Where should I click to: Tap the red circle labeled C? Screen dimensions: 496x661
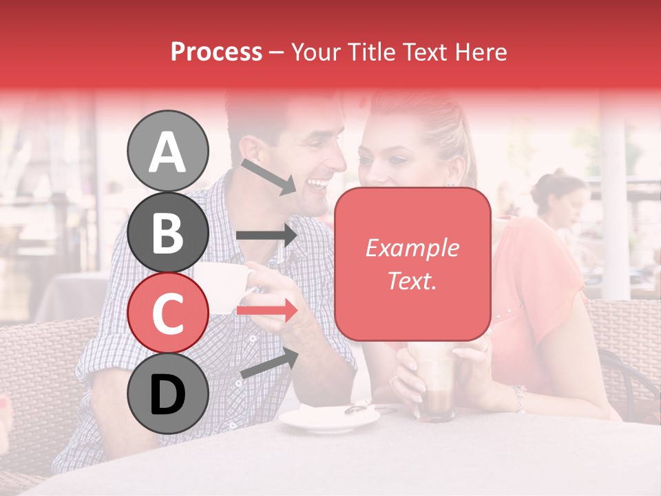click(x=167, y=313)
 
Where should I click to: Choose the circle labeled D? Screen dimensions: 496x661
click(x=167, y=393)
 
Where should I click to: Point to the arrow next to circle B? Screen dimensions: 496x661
click(x=266, y=236)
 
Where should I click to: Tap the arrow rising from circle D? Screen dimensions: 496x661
click(x=269, y=364)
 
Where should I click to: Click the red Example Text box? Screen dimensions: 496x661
click(x=412, y=264)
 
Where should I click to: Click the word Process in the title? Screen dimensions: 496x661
click(x=216, y=52)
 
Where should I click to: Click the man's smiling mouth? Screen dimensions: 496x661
click(x=318, y=185)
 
